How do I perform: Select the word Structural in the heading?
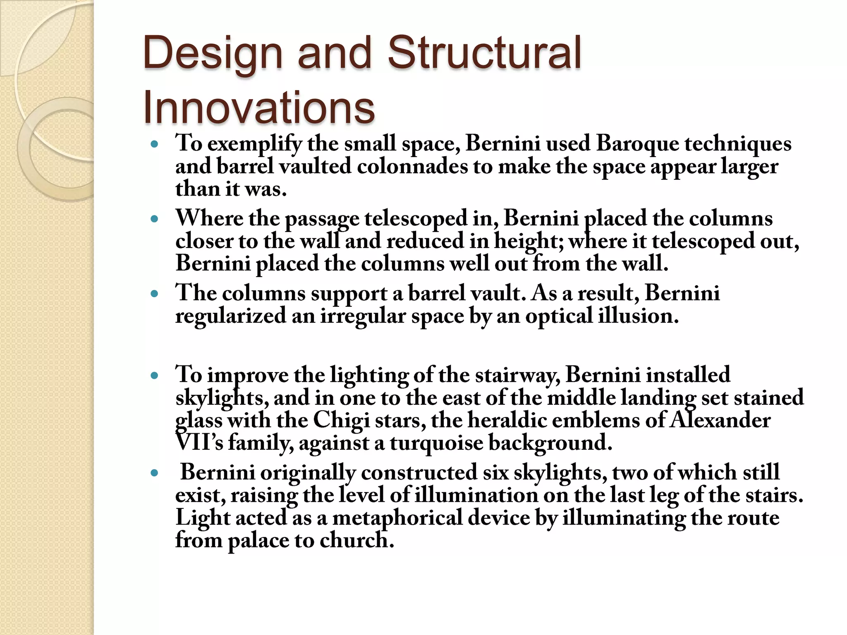[x=484, y=53]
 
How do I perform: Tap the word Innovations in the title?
[x=258, y=108]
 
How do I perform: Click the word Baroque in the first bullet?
[x=637, y=144]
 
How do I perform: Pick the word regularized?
[x=230, y=317]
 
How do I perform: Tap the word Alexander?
[x=720, y=420]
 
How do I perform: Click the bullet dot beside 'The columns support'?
[x=155, y=294]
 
